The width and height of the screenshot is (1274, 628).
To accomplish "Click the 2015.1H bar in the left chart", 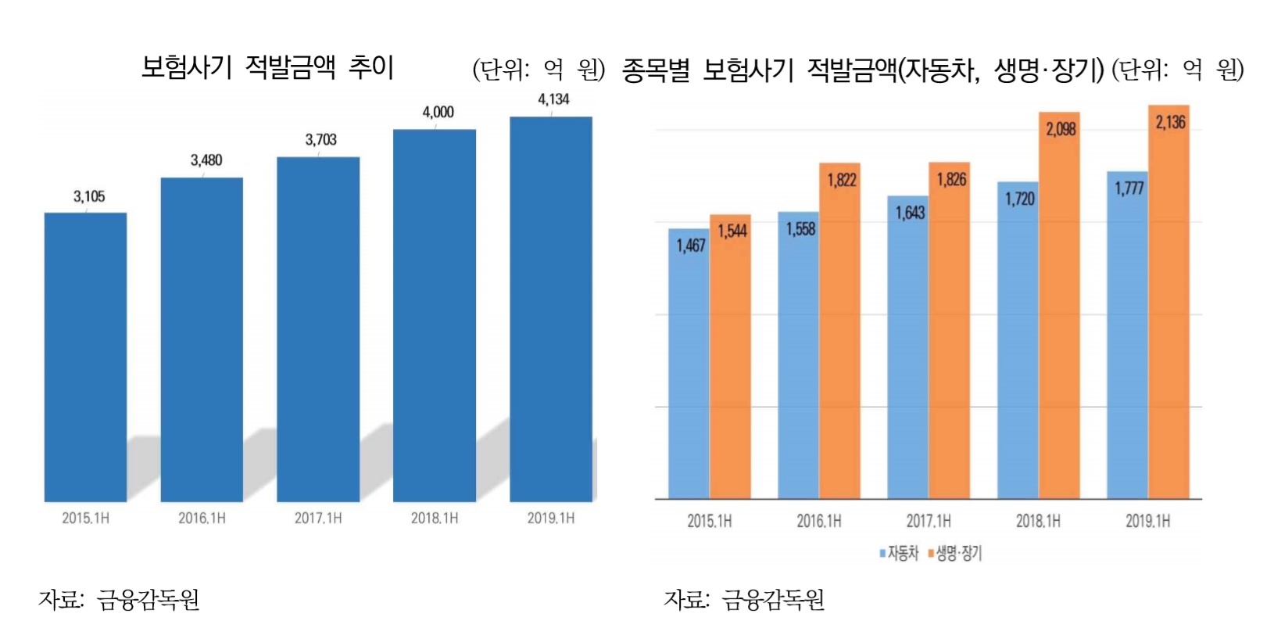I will pos(85,357).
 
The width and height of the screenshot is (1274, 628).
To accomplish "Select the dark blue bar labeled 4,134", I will pos(551,309).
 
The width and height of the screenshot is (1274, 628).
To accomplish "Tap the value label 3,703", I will pos(320,140).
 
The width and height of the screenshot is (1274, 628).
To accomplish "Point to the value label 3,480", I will pos(206,160).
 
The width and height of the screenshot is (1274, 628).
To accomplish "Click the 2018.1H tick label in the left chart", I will pos(435,519).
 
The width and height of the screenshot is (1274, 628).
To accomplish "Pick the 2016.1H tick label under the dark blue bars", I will pos(202,519).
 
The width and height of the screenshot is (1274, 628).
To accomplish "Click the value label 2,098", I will pos(1061,129).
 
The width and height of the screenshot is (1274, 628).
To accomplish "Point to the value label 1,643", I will pos(910,213).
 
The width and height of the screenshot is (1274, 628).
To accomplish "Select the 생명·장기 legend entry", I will pos(955,554).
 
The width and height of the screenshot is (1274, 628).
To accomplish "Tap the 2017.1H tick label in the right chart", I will pos(929,521).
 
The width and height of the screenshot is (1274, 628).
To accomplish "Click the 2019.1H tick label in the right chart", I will pos(1147,521).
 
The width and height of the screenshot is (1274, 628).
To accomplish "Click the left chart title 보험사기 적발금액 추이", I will pos(267,67).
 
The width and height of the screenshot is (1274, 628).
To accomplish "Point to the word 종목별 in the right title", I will pos(656,70).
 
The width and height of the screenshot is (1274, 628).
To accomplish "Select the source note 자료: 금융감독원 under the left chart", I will pos(119,600).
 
